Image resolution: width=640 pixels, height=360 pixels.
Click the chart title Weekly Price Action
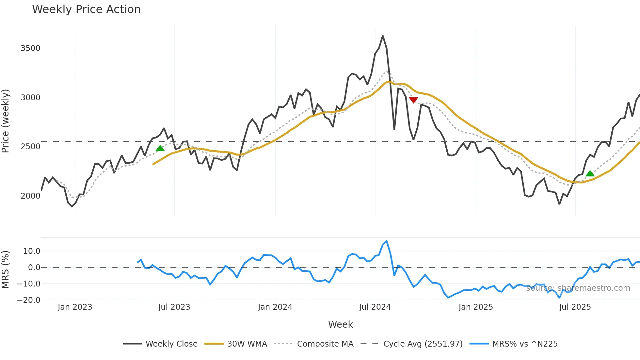86,9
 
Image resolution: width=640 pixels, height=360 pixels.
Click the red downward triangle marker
413,100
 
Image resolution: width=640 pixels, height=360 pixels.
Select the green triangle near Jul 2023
160,149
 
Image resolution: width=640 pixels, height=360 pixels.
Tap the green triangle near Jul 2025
590,174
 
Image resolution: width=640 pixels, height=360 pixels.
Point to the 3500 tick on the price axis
30,48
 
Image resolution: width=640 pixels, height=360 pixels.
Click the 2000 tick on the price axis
30,196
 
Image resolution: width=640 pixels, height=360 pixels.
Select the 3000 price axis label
30,98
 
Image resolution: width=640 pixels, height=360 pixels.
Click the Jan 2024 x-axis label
275,307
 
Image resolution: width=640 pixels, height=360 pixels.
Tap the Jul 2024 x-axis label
375,307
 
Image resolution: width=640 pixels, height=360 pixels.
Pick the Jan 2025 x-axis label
475,307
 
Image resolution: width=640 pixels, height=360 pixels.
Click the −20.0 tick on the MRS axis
29,300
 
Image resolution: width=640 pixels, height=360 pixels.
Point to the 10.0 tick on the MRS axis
32,251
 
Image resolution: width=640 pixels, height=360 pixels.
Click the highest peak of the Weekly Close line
383,36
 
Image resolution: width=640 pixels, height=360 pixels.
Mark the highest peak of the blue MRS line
387,241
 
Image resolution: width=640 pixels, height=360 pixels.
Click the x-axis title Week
340,324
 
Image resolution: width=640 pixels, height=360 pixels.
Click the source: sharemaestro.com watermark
578,288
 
